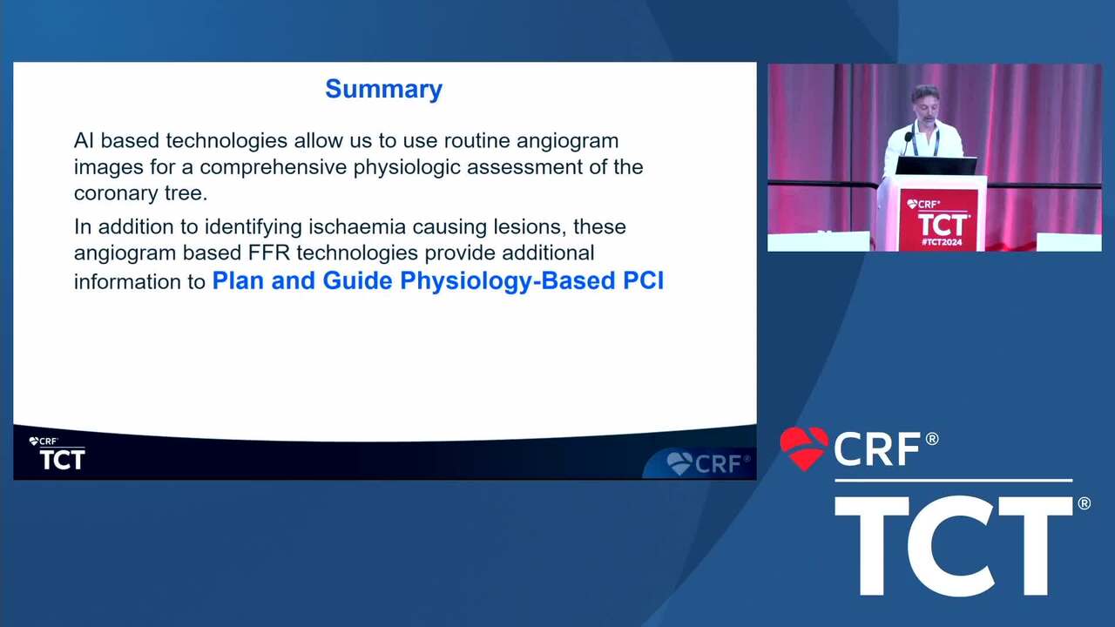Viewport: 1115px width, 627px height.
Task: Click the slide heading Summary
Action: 384,90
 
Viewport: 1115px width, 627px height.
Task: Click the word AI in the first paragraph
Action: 84,141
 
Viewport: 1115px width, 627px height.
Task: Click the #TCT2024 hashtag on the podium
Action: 942,242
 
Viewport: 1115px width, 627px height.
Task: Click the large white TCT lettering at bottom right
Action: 953,546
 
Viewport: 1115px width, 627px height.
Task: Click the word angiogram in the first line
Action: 567,141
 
